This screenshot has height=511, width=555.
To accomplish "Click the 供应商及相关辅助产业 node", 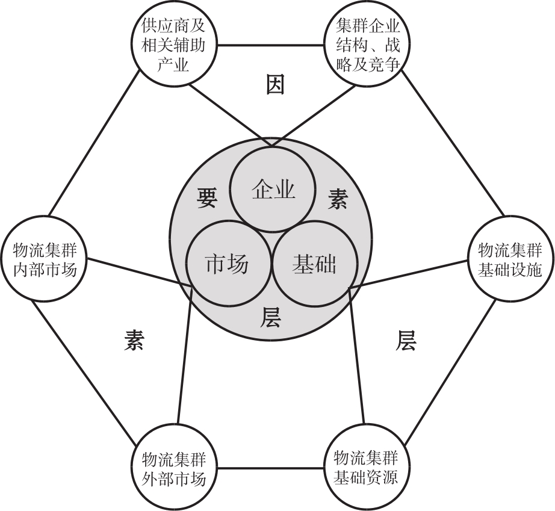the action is click(173, 45).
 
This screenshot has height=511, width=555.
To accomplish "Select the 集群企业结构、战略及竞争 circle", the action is click(367, 45).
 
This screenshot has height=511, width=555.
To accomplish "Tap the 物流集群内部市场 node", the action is click(45, 259).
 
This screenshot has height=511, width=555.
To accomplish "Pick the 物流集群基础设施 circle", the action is click(510, 259).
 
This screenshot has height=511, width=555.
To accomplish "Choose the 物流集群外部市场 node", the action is click(173, 468).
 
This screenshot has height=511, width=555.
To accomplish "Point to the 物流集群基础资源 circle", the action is click(367, 468).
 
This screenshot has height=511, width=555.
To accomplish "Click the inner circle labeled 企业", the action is click(273, 190).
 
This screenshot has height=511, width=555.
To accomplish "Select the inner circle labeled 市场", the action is click(228, 264).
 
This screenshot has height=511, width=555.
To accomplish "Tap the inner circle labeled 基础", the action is click(315, 264).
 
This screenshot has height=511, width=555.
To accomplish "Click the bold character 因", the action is click(275, 84).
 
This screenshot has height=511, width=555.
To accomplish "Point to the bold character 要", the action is click(206, 197).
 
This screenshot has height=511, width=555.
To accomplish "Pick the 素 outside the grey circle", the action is click(134, 340).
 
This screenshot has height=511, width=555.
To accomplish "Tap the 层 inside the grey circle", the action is click(270, 317).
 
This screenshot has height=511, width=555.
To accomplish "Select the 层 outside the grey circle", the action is click(406, 340).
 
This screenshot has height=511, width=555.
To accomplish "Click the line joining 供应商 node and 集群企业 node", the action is click(270, 45).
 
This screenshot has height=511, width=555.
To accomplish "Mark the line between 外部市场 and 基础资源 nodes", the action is click(270, 468).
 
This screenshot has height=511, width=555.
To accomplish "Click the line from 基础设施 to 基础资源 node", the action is click(450, 372).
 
